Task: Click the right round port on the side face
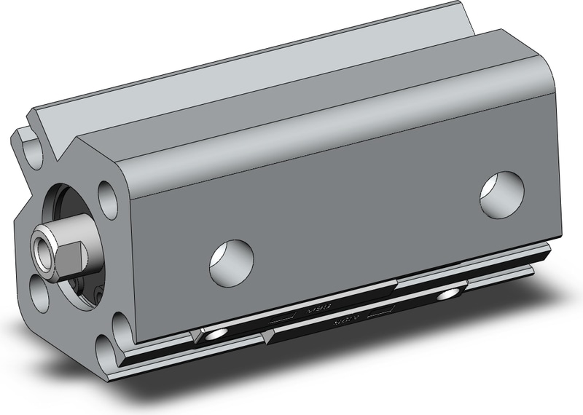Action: (502, 191)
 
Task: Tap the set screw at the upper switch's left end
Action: (214, 334)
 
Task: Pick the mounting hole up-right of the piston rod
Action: (107, 197)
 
